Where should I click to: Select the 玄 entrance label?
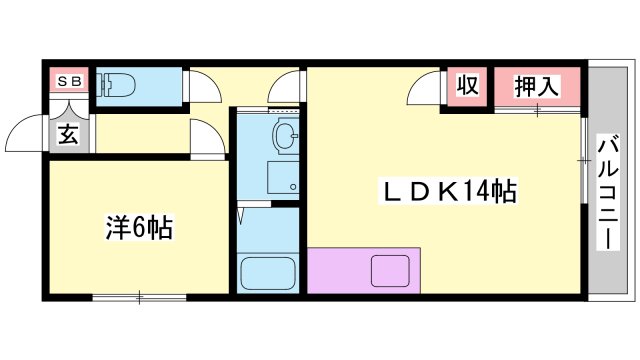68,134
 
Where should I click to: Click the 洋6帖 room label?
139,228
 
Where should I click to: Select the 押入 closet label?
536,87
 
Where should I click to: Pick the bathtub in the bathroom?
268,272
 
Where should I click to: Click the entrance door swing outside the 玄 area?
26,136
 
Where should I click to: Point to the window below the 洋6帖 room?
139,296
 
